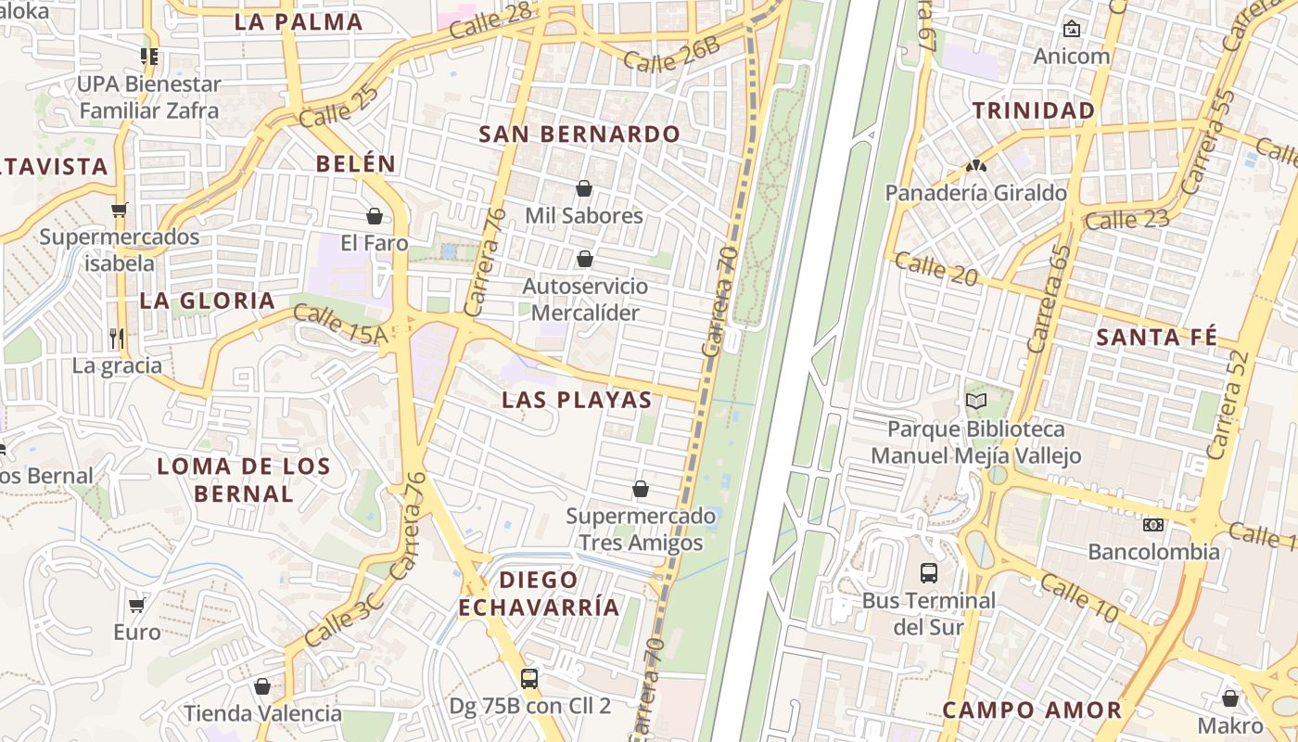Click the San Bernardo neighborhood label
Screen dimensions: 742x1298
(579, 134)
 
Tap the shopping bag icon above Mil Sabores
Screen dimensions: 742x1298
(584, 189)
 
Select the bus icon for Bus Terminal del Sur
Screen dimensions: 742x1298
(929, 572)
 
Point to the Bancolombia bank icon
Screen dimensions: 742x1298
(1153, 525)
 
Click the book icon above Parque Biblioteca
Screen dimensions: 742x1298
(975, 402)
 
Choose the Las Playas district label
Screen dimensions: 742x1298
(577, 400)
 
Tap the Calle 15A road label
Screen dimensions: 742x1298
(340, 325)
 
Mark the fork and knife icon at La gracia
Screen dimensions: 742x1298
(117, 338)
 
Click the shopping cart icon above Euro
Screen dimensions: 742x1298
(137, 606)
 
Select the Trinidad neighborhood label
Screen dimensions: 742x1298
(1034, 110)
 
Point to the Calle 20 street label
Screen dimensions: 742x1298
(936, 268)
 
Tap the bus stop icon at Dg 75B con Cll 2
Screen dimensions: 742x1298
(529, 679)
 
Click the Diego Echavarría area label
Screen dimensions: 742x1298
(539, 594)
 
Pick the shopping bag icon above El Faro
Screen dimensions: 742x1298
(375, 216)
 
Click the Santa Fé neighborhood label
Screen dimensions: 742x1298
(1156, 337)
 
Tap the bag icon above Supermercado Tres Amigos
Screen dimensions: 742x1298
(641, 489)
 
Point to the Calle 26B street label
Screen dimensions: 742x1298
(671, 55)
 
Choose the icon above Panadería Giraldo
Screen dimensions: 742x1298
(975, 167)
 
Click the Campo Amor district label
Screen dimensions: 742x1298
(1032, 710)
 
